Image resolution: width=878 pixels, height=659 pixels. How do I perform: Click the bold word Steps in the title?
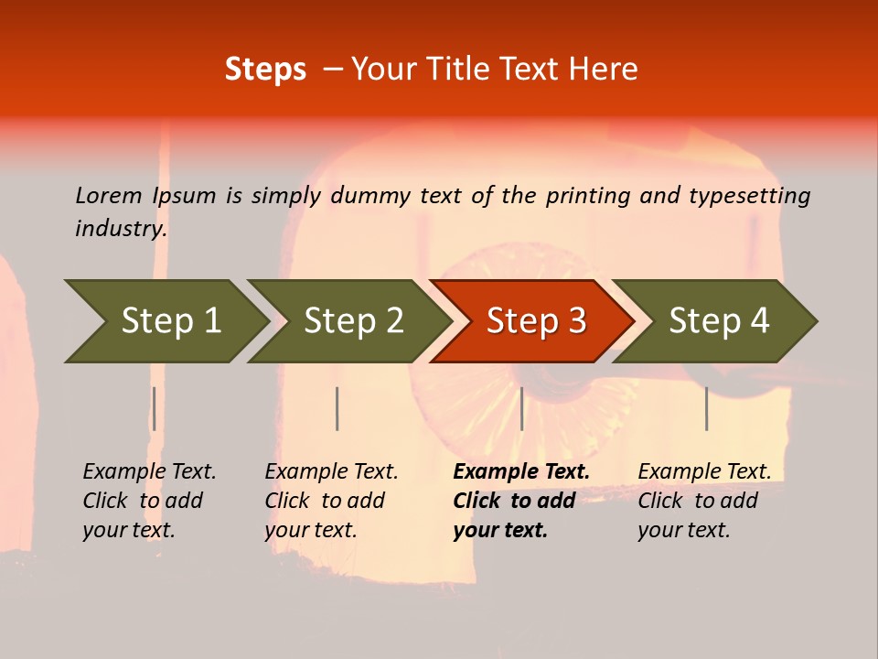265,70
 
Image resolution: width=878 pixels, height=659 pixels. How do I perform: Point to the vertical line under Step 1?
155,408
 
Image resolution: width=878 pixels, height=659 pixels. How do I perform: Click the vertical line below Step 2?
337,408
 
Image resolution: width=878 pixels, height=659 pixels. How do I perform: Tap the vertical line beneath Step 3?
522,408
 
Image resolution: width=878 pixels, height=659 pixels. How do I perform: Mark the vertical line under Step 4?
707,408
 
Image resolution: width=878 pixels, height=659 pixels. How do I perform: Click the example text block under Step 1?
149,501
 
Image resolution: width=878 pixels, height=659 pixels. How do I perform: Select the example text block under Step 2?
331,501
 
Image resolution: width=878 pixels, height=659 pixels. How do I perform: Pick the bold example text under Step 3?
521,501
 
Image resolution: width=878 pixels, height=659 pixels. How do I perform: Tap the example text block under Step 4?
704,501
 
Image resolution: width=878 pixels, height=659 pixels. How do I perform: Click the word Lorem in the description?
109,196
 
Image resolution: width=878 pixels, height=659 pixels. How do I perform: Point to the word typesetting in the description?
749,196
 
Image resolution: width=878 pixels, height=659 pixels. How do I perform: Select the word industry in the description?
121,229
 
